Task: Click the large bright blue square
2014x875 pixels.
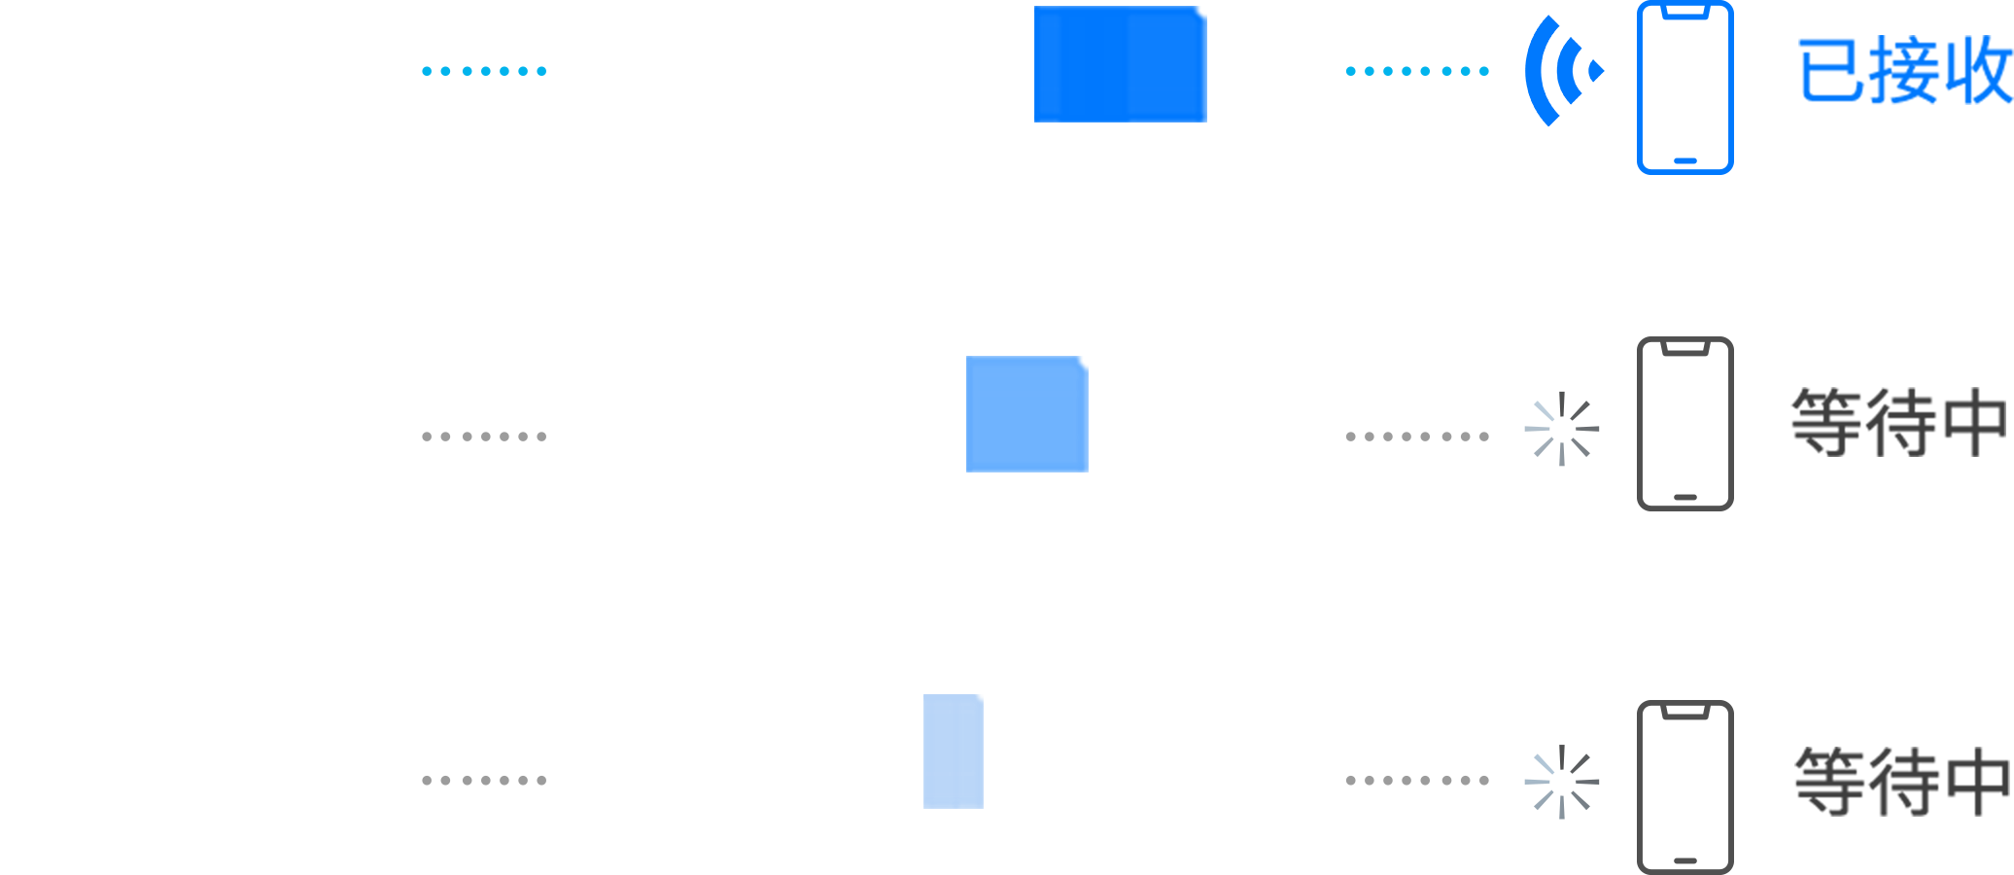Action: point(1120,64)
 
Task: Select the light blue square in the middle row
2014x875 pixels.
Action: point(1026,414)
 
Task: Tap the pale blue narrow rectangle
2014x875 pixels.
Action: point(953,751)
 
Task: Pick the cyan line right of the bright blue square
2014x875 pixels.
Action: point(1400,71)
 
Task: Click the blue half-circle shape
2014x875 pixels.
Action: point(1563,70)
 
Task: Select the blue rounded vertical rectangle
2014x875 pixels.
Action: point(1684,87)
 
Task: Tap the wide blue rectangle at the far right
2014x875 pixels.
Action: point(1905,70)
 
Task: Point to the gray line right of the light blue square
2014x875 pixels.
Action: point(1341,437)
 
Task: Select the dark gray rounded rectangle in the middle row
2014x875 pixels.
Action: point(1684,423)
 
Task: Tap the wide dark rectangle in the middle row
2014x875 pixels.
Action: point(1897,422)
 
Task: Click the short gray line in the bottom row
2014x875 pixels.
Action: point(494,780)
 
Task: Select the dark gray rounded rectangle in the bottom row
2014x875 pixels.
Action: point(1684,787)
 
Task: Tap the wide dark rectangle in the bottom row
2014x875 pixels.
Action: point(1901,782)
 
